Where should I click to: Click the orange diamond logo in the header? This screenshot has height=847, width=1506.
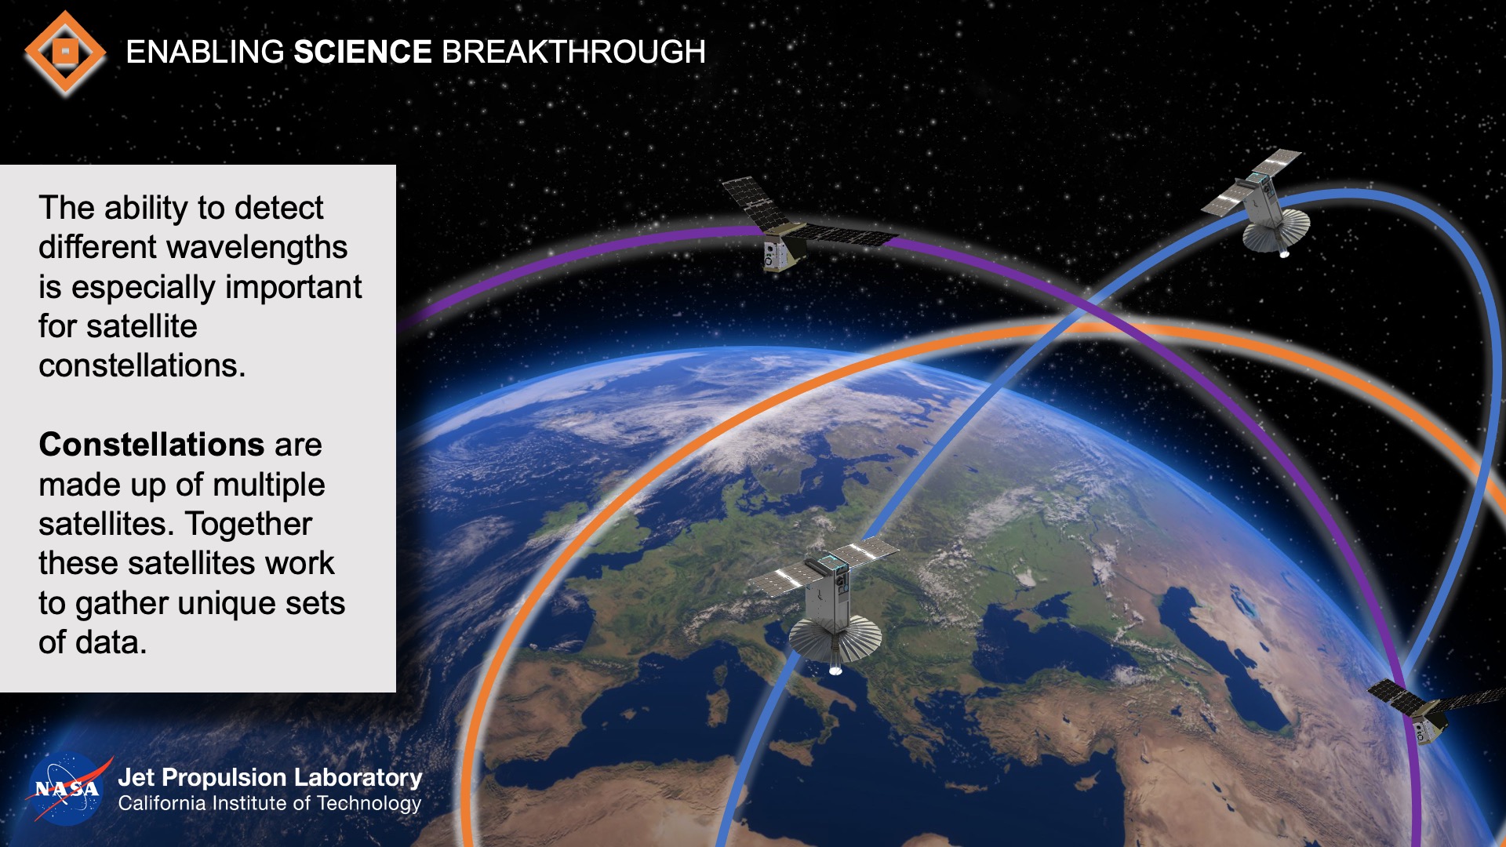pos(65,53)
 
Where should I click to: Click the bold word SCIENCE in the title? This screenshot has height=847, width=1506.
pos(362,53)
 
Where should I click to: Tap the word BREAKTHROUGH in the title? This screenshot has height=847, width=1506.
pos(573,53)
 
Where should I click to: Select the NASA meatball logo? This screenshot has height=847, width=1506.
pos(67,789)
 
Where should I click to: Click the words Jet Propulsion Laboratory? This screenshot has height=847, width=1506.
pos(270,777)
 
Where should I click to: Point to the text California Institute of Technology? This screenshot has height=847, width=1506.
pos(270,804)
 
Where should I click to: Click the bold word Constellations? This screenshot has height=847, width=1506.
pos(151,445)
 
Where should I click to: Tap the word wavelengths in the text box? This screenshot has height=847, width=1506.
pos(264,248)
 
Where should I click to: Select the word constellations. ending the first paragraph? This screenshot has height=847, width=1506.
pos(142,366)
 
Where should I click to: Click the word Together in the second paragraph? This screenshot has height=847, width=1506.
pos(249,524)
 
